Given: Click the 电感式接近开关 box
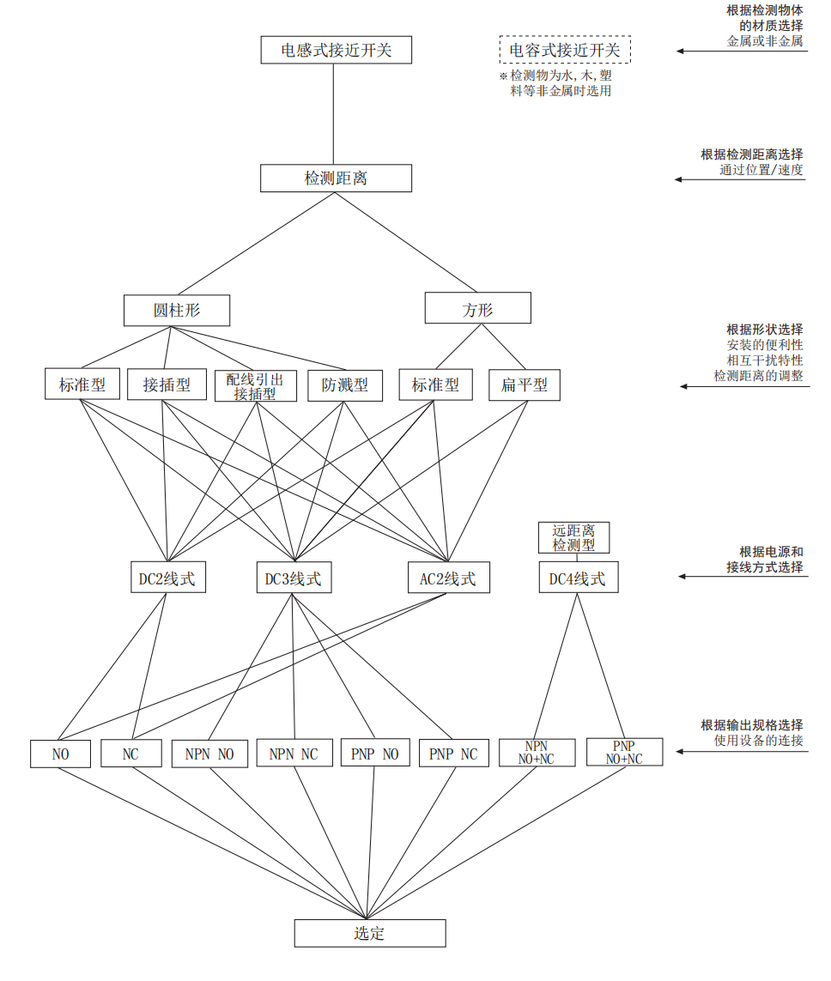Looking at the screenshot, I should click(x=337, y=50).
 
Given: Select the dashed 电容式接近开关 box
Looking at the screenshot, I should click(x=565, y=50).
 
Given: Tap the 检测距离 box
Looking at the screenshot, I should click(x=337, y=179).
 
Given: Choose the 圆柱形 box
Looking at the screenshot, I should click(x=177, y=310).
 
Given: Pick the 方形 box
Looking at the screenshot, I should click(x=478, y=309).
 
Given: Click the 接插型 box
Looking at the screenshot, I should click(x=167, y=385).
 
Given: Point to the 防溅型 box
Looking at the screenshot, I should click(x=345, y=385).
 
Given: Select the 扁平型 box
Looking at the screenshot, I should click(x=525, y=385).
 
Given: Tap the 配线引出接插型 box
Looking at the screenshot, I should click(x=255, y=385).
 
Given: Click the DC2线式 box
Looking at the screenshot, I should click(x=167, y=578).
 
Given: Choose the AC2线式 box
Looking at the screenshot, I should click(x=447, y=578).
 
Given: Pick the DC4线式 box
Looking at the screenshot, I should click(x=578, y=578).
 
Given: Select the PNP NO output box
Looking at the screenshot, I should click(x=374, y=754).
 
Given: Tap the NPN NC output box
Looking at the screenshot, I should click(x=294, y=754).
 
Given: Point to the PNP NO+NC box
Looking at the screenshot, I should click(x=624, y=753).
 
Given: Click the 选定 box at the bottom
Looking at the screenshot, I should click(x=370, y=933).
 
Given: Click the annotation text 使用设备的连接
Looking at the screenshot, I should click(x=759, y=740).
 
